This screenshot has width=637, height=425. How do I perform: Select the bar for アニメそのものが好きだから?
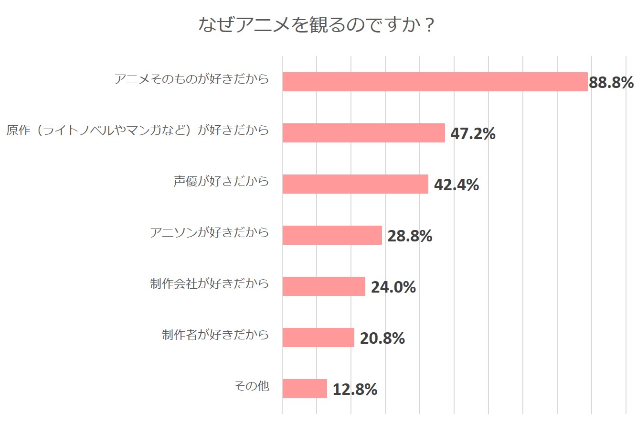pyautogui.click(x=435, y=82)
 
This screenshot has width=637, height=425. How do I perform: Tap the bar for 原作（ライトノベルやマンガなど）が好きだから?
pyautogui.click(x=363, y=133)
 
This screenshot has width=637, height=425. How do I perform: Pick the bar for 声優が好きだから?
pyautogui.click(x=355, y=184)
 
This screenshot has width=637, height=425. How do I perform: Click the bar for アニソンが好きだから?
pyautogui.click(x=332, y=235)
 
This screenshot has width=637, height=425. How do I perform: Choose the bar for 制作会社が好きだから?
pyautogui.click(x=323, y=286)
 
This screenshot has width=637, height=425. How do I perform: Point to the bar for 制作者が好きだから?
pyautogui.click(x=318, y=338)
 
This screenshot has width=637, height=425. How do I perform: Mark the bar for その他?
pyautogui.click(x=304, y=389)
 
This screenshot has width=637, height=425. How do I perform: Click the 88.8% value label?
pyautogui.click(x=611, y=83)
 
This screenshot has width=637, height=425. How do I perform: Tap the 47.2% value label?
pyautogui.click(x=473, y=134)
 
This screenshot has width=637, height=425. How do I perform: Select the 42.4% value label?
pyautogui.click(x=456, y=185)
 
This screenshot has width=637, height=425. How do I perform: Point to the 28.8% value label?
pyautogui.click(x=410, y=236)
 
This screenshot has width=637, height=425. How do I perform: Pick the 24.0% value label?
pyautogui.click(x=393, y=287)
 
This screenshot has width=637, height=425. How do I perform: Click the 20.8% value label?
pyautogui.click(x=382, y=338)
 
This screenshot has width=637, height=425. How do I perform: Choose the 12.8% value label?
pyautogui.click(x=355, y=390)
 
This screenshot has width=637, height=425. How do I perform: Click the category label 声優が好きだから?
pyautogui.click(x=221, y=182)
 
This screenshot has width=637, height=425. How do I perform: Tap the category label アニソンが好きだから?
pyautogui.click(x=209, y=233)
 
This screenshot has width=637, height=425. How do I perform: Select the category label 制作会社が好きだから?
pyautogui.click(x=209, y=284)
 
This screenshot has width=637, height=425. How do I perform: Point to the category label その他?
pyautogui.click(x=251, y=386)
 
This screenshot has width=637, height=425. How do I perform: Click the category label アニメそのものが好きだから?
pyautogui.click(x=191, y=79)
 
